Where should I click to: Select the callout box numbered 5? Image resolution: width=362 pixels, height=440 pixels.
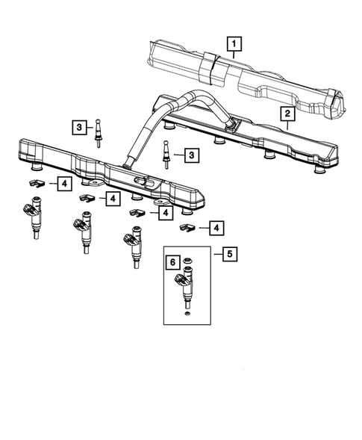[229, 254]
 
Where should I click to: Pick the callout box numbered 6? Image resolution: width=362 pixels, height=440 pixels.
[172, 262]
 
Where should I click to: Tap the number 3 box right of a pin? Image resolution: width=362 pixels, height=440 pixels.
[192, 155]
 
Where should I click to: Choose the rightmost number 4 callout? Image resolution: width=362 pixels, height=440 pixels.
[216, 227]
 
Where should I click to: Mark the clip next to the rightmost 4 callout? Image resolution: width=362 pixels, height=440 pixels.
[187, 227]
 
